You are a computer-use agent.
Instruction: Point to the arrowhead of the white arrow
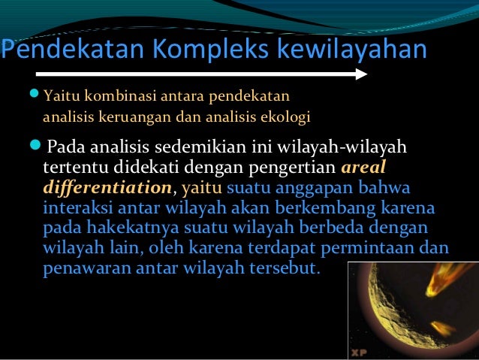[x=361, y=74]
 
